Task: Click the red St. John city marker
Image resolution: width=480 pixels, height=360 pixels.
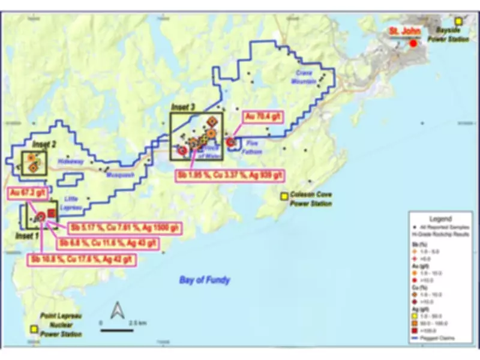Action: click(x=413, y=43)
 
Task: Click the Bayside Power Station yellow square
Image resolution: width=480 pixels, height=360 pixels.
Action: click(x=459, y=21)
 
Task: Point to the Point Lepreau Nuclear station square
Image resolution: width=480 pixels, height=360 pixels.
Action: click(x=35, y=329)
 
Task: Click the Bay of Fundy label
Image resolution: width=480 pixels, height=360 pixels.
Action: click(x=204, y=280)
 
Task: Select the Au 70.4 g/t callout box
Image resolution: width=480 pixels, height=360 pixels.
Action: click(x=261, y=117)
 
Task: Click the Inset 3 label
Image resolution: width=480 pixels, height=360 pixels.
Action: click(x=184, y=107)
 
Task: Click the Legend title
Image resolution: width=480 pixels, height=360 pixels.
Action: click(x=441, y=219)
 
